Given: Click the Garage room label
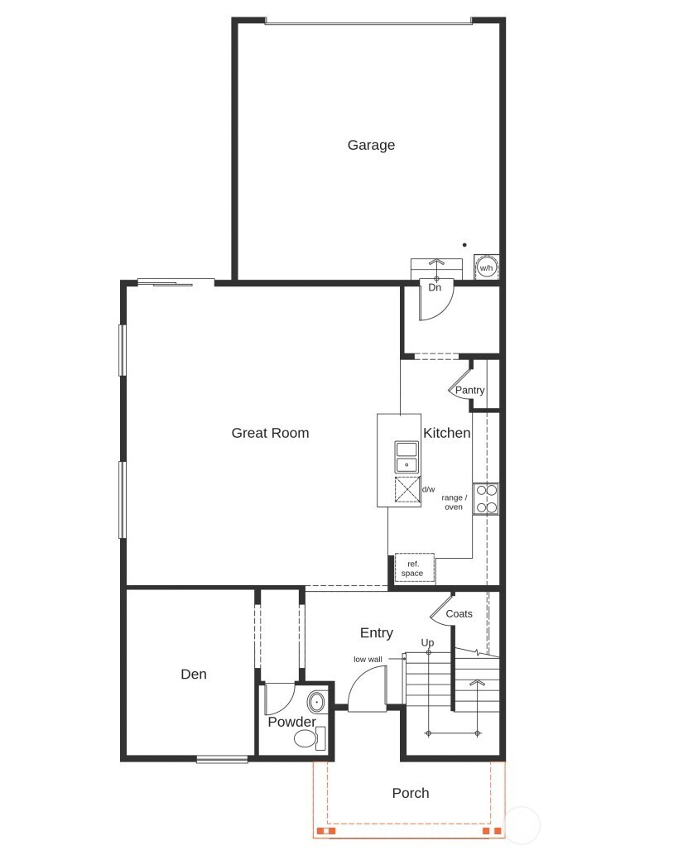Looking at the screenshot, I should point(371,146).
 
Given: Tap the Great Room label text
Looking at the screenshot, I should point(270,433).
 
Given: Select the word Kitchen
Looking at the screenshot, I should point(447,433).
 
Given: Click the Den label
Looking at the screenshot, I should point(194,675).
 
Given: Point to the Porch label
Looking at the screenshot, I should point(411,793).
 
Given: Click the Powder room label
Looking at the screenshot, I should point(291,722).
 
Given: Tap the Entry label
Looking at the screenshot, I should point(377,633).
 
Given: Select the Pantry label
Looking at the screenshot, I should point(469,391).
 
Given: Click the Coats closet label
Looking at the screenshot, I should point(459,614).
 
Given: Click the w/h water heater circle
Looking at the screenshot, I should point(486,268).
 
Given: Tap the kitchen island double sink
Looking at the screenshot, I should point(407,457).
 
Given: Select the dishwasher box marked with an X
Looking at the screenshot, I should point(407,490).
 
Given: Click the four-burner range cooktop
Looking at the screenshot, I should point(486,498).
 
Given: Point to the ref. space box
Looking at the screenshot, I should point(412,569).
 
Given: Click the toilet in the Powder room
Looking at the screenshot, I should point(307,738).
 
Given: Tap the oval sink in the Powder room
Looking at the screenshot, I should point(316,703).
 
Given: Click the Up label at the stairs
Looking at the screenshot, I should point(427,643).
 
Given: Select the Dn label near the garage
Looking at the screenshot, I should point(435,287).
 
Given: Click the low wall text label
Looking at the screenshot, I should point(367,660).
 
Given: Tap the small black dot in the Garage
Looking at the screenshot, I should point(464,245).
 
